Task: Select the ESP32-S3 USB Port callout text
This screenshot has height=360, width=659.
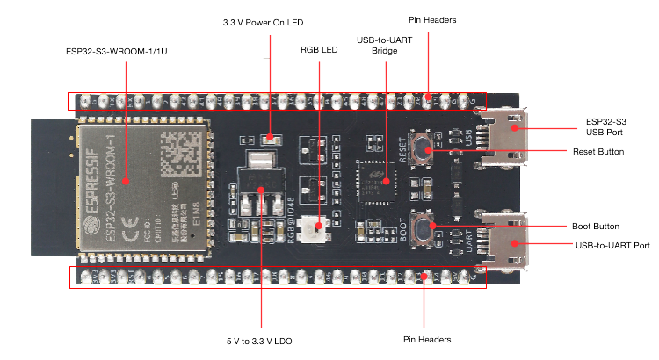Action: [606, 126]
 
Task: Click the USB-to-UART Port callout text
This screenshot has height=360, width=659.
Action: [612, 244]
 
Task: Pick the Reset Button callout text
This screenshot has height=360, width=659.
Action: [597, 152]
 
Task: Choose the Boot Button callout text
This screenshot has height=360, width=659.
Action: [596, 227]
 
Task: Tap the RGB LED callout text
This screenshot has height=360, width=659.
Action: [318, 49]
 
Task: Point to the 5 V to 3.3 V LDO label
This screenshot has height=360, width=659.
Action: [261, 339]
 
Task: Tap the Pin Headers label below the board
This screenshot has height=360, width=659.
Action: [427, 339]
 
